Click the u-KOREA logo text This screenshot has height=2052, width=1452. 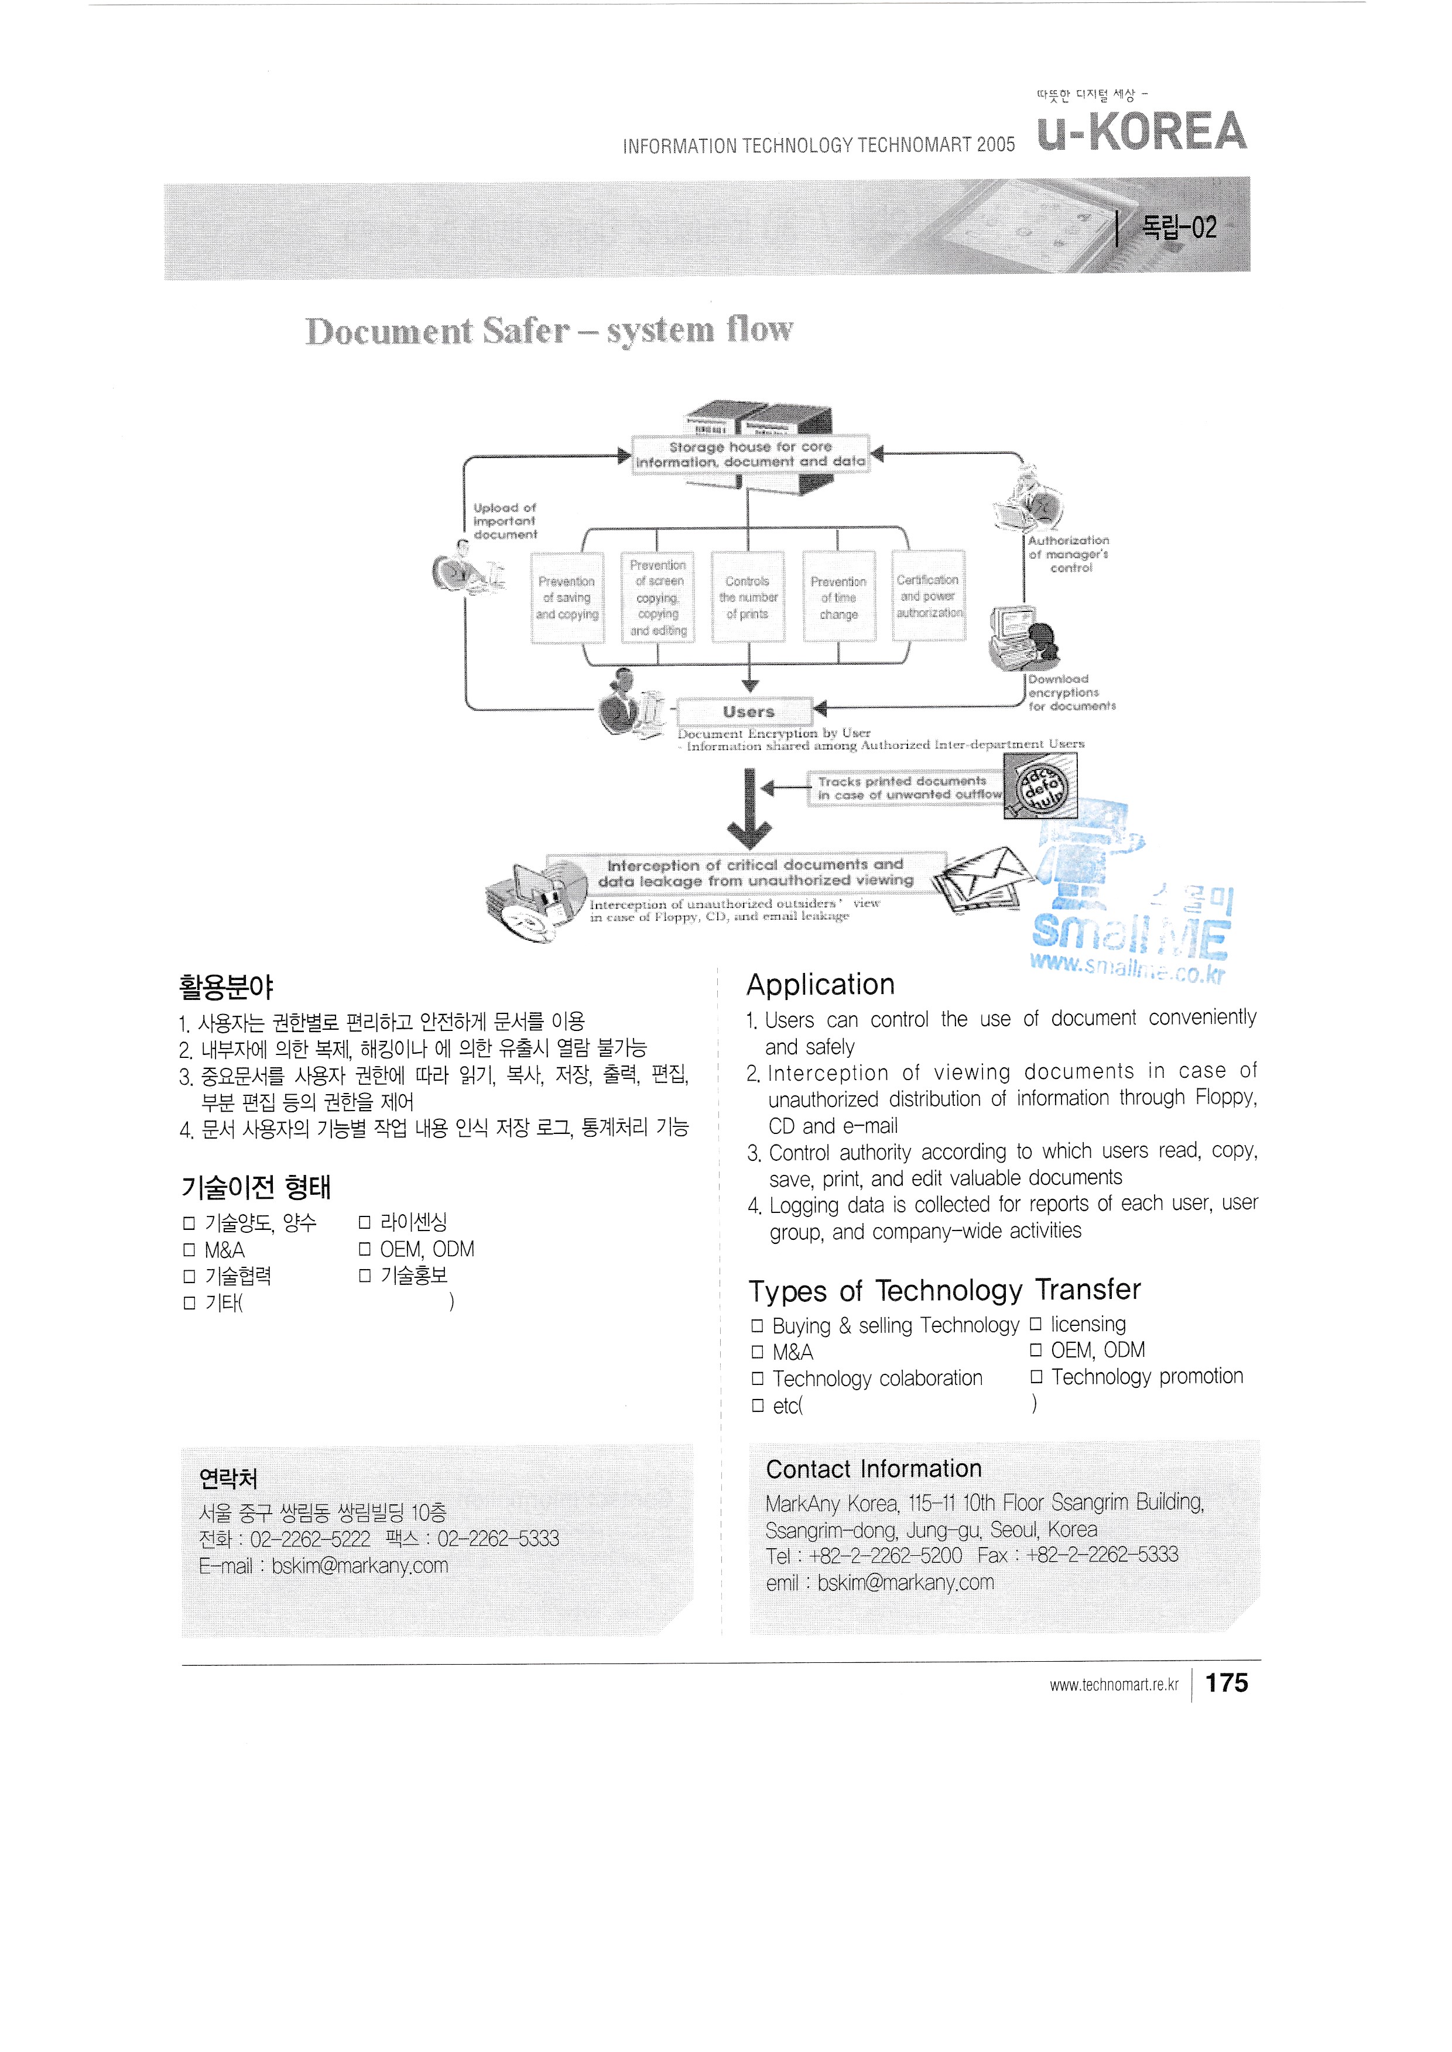tap(1141, 132)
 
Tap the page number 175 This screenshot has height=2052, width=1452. tap(1226, 1683)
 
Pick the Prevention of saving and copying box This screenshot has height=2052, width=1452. tap(567, 597)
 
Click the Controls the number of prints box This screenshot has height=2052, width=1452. tap(748, 597)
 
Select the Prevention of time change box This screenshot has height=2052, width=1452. tap(838, 597)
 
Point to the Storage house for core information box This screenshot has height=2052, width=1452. tap(749, 454)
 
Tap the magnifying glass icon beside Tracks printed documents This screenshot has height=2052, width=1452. tap(1040, 786)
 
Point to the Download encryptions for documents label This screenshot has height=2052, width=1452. tap(1071, 693)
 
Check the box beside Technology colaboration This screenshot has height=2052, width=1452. tap(757, 1379)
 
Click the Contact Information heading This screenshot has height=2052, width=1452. tap(874, 1469)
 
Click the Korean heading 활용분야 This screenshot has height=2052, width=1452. tap(226, 987)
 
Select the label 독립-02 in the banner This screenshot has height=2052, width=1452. tap(1179, 228)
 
